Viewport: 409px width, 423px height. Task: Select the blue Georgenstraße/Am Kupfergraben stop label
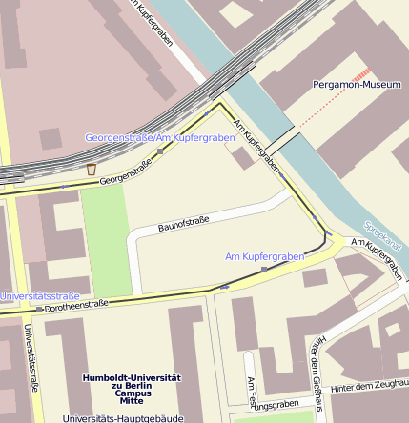[x=159, y=138]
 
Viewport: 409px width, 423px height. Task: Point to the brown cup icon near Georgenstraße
[x=92, y=169]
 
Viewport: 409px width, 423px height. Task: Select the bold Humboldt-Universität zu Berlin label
[x=132, y=385]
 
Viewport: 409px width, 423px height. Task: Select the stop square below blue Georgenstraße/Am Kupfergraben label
[x=160, y=151]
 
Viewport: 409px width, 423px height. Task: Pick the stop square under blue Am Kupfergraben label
[x=264, y=270]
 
